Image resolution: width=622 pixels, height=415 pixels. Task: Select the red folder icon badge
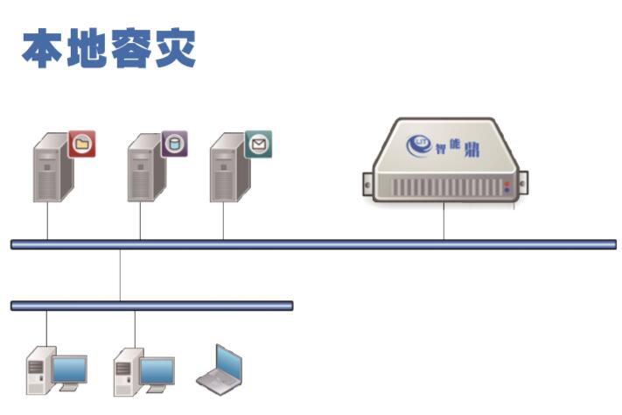pyautogui.click(x=82, y=143)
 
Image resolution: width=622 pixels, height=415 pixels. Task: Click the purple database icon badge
pyautogui.click(x=174, y=143)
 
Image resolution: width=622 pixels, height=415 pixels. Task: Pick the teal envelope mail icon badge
pyautogui.click(x=258, y=143)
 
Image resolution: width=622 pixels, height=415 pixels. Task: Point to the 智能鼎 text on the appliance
pyautogui.click(x=455, y=146)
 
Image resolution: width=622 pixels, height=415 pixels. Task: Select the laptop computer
pyautogui.click(x=220, y=368)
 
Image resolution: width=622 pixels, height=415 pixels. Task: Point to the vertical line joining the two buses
pyautogui.click(x=120, y=275)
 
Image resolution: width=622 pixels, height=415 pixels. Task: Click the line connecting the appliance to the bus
pyautogui.click(x=444, y=221)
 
